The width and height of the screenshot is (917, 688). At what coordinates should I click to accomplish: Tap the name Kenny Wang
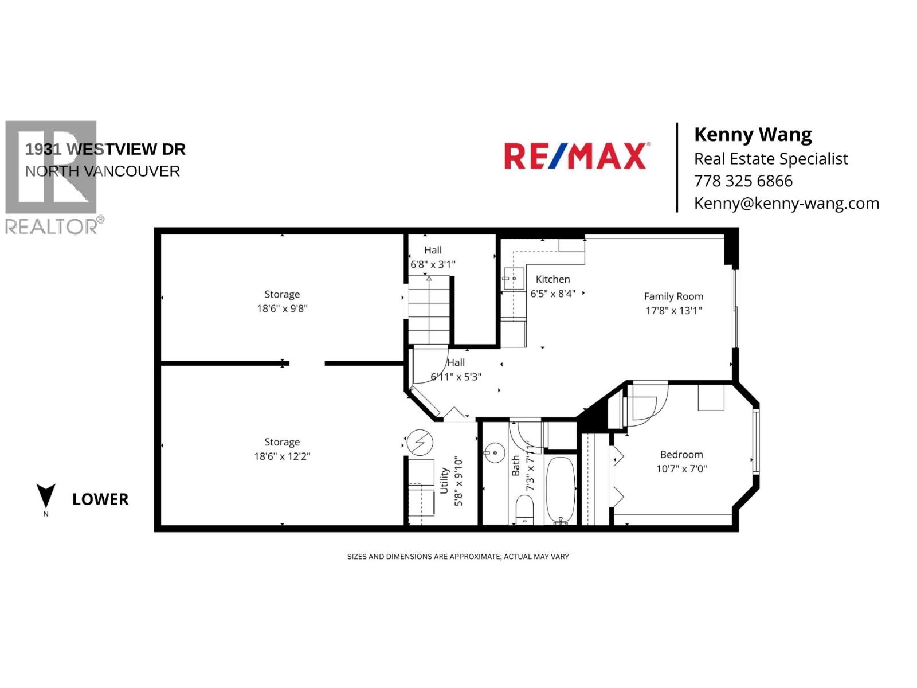click(753, 135)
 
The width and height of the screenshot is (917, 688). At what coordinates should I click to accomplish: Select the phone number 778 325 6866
click(743, 181)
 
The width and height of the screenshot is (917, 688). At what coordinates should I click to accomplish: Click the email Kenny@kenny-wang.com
click(786, 204)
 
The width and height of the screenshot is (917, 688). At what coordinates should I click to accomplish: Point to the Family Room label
click(673, 296)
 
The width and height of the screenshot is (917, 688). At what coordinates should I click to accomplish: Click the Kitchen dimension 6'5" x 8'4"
click(552, 294)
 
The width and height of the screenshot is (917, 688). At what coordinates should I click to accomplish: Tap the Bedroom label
click(681, 455)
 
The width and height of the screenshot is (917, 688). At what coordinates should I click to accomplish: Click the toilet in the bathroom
click(524, 509)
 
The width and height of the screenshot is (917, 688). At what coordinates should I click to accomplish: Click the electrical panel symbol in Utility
click(420, 443)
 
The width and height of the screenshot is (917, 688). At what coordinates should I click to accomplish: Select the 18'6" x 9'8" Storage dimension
click(282, 308)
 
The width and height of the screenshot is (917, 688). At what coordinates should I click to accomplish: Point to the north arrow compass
click(46, 497)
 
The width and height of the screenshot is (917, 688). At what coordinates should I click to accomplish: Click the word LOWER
click(100, 499)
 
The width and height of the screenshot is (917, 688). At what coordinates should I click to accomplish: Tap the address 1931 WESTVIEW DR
click(105, 149)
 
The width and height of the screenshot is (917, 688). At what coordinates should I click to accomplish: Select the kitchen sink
click(514, 278)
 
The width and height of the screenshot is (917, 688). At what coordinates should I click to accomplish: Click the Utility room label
click(444, 480)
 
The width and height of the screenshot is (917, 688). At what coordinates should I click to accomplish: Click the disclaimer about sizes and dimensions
click(458, 557)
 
